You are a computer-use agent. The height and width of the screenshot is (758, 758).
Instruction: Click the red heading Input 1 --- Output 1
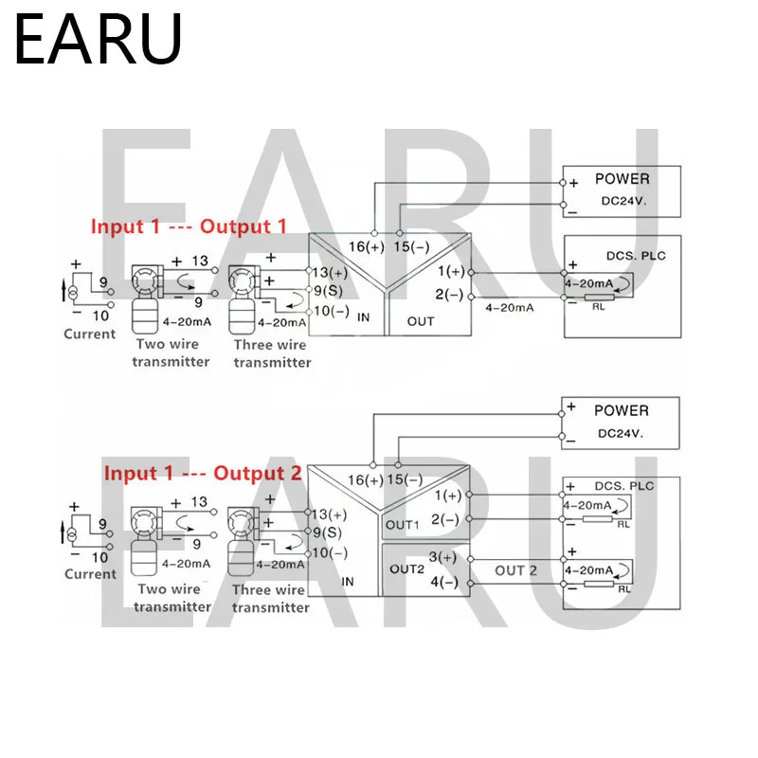click(x=188, y=226)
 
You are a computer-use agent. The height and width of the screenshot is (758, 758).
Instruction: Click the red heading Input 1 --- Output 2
click(x=203, y=472)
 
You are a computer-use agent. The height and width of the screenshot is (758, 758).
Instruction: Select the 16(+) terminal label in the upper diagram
click(x=368, y=246)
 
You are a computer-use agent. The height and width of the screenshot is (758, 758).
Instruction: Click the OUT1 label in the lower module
click(x=400, y=524)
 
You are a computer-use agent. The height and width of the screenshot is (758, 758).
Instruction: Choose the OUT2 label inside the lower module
click(x=405, y=569)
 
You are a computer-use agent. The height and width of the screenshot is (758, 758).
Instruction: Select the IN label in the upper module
click(x=363, y=317)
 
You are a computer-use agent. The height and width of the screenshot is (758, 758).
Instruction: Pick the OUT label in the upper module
click(x=421, y=321)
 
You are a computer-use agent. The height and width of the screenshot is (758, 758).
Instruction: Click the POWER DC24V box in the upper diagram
click(x=622, y=188)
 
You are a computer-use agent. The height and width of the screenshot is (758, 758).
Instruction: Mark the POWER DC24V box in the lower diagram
click(x=621, y=420)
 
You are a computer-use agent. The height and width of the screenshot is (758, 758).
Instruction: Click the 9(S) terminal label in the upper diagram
click(x=328, y=290)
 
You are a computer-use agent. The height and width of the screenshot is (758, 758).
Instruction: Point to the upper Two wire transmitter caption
click(x=171, y=353)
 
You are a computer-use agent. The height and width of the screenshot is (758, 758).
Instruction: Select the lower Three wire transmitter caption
click(x=270, y=598)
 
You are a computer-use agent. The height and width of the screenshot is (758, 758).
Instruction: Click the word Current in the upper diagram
click(x=90, y=334)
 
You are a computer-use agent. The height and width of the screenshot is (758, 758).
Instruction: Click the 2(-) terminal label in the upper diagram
click(x=449, y=294)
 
